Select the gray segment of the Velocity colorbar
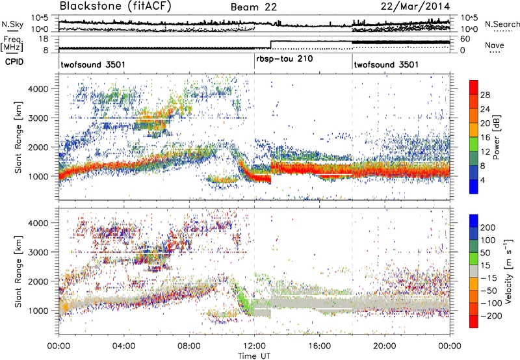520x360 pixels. click(475, 270)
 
